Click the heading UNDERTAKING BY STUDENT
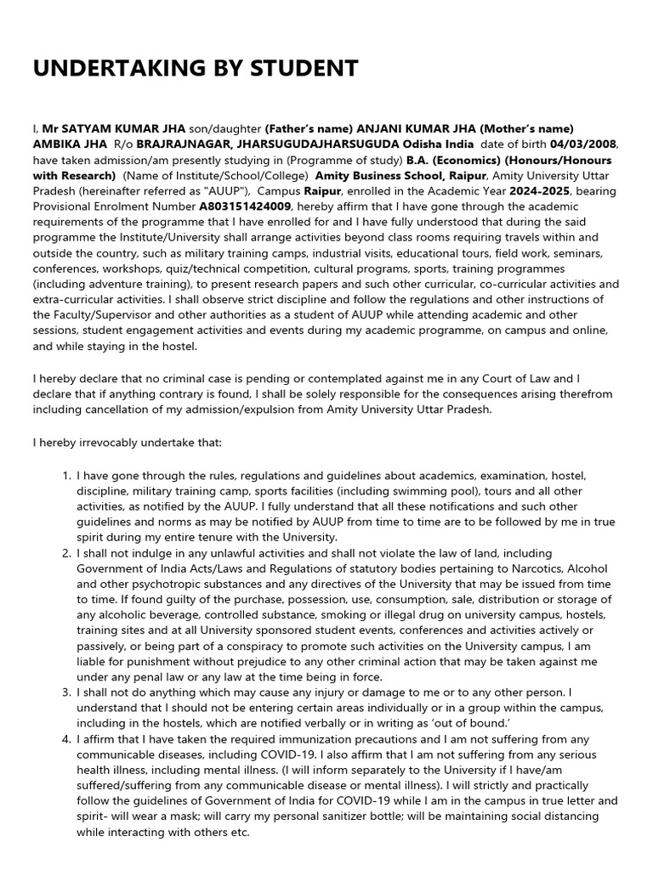pos(196,69)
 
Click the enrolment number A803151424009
pos(245,206)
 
